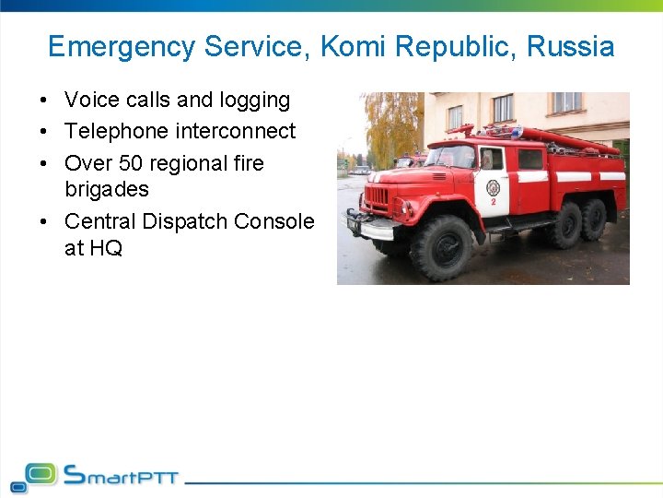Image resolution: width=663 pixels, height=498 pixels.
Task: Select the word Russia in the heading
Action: tap(570, 46)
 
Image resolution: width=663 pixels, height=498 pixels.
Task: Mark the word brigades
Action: tap(107, 189)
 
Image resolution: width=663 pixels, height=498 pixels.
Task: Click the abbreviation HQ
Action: tap(107, 248)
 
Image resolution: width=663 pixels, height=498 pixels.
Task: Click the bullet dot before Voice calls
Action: tap(44, 101)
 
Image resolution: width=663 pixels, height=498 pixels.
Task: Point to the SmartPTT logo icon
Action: tap(33, 476)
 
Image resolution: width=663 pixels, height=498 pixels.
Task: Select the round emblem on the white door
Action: tap(494, 187)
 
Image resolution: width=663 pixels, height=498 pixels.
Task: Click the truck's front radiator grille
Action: tap(377, 197)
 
